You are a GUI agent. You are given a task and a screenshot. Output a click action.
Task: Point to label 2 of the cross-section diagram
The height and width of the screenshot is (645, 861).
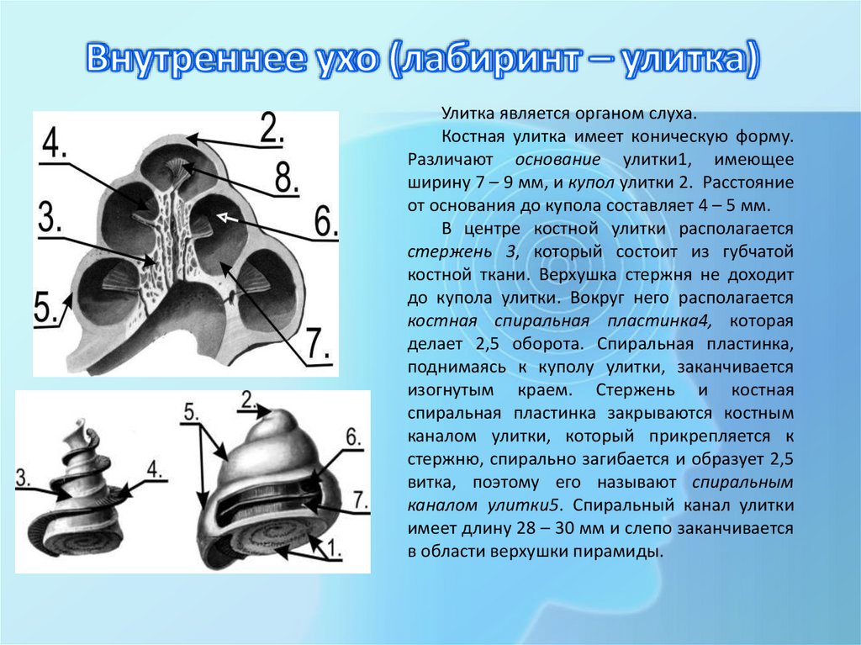(x=270, y=127)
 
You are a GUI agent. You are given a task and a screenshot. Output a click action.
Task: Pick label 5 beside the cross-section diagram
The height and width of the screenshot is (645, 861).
(x=45, y=308)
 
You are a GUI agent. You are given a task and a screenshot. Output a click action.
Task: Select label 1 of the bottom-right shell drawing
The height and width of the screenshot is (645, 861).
(x=333, y=549)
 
